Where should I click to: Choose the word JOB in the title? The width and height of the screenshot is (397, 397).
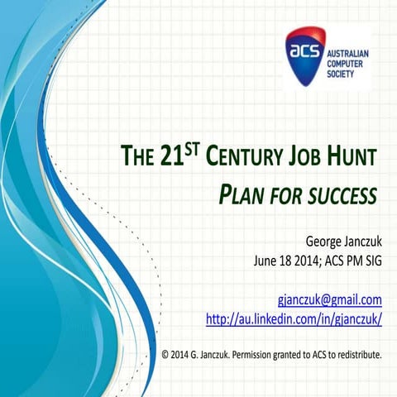[307, 155]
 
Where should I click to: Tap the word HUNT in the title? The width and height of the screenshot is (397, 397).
[354, 155]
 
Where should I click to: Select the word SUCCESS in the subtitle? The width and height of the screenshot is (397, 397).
[347, 196]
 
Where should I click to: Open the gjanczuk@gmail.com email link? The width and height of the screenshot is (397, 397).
[329, 299]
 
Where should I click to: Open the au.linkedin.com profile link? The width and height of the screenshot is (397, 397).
[293, 318]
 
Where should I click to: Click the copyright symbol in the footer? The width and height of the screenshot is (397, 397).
[166, 356]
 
